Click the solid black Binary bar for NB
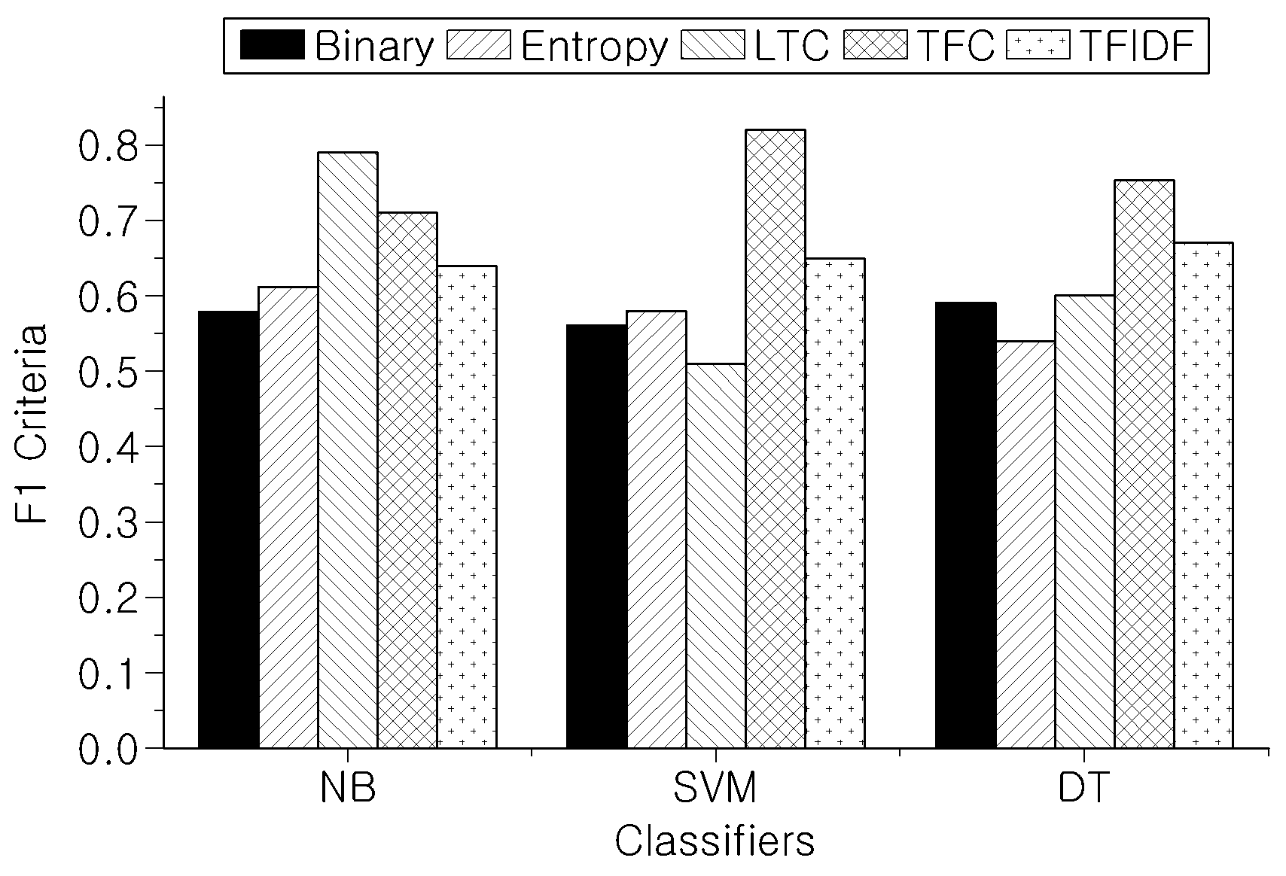pos(228,530)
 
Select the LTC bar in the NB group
pos(348,450)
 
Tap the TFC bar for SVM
pos(775,439)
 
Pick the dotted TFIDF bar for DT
pos(1203,496)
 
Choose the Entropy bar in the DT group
pos(1025,544)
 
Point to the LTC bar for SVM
pos(716,556)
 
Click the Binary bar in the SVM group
pos(597,537)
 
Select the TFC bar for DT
pos(1144,464)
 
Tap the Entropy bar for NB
pos(288,518)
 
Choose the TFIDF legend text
pos(1138,45)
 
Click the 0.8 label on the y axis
pos(108,146)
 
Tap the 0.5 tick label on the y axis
pos(108,372)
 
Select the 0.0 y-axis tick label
pos(108,750)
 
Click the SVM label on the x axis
pos(715,788)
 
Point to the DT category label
pos(1083,788)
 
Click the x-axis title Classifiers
pos(715,841)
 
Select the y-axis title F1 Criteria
pos(30,424)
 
